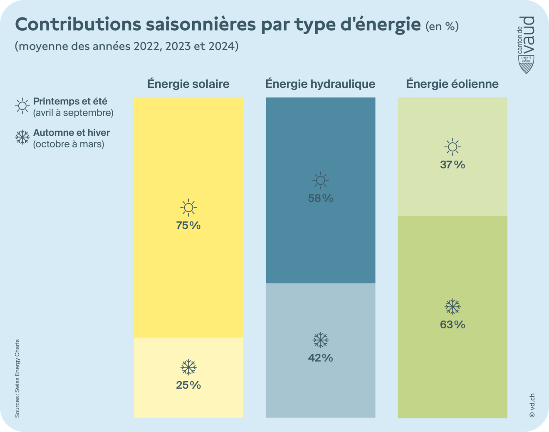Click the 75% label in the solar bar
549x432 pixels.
coord(188,226)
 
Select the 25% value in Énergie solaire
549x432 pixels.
coord(188,385)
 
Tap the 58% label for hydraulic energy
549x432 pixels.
coord(320,199)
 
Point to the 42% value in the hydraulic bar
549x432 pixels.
coord(320,358)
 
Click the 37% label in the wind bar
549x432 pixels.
coord(453,165)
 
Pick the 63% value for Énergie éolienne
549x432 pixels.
coord(453,325)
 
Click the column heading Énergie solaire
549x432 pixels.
coord(188,84)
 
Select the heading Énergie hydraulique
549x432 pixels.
coord(320,84)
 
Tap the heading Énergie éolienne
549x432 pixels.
coord(453,84)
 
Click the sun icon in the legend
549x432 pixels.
coord(22,106)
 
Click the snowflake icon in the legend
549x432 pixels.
coord(22,137)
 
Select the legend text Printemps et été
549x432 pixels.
coord(70,102)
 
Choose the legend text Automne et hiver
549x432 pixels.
coord(72,133)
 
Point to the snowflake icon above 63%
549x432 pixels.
coord(453,307)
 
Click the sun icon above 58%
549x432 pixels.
coord(320,181)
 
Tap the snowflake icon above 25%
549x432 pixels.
coord(188,367)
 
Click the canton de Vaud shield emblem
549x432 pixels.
coord(526,64)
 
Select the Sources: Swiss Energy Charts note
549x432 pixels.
coord(17,379)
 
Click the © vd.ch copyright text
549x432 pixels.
coord(532,405)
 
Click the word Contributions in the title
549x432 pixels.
coord(77,25)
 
